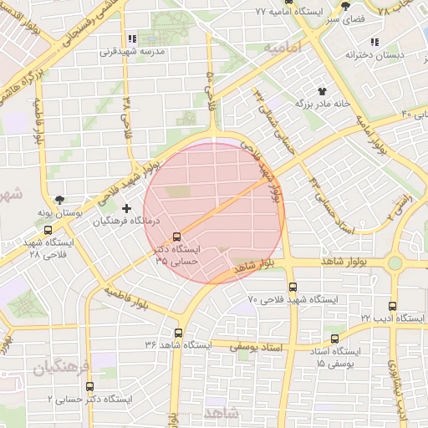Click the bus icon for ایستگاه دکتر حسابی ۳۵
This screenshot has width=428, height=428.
click(x=176, y=237)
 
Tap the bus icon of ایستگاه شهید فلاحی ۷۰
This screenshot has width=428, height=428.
click(x=292, y=287)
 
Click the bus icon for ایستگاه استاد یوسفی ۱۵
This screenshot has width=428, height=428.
click(x=335, y=339)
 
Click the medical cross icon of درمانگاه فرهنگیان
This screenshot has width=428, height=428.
click(x=126, y=207)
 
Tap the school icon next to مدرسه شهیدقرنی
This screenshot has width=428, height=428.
click(x=132, y=39)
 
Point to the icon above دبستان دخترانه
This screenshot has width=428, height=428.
click(x=374, y=41)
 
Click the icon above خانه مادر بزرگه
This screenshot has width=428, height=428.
click(x=321, y=90)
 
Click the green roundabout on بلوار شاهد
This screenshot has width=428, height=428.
click(x=395, y=263)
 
